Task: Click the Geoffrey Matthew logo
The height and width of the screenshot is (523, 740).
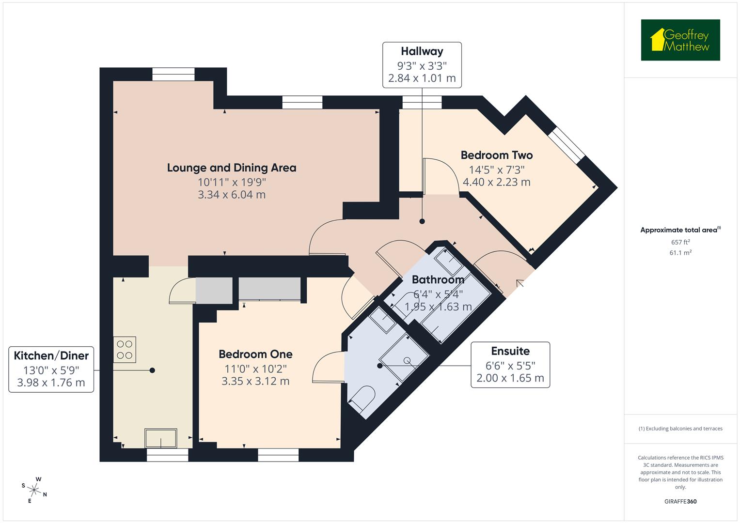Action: pyautogui.click(x=680, y=40)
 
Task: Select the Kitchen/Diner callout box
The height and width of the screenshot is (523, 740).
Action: pyautogui.click(x=51, y=369)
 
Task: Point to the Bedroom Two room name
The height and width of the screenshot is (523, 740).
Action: pyautogui.click(x=496, y=155)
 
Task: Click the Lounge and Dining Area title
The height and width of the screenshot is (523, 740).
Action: pyautogui.click(x=232, y=168)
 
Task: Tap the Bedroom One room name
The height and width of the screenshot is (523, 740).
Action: pyautogui.click(x=255, y=354)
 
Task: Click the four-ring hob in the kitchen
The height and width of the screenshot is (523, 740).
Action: pyautogui.click(x=125, y=350)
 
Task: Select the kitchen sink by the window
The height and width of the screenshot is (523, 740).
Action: pyautogui.click(x=161, y=439)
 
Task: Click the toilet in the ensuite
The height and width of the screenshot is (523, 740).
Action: pyautogui.click(x=362, y=400)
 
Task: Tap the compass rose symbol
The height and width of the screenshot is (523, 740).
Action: pyautogui.click(x=34, y=489)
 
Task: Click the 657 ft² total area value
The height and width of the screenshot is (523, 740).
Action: pyautogui.click(x=680, y=242)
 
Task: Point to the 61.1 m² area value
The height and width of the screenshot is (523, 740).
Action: pyautogui.click(x=680, y=252)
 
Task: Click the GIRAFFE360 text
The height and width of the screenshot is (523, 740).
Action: pyautogui.click(x=680, y=501)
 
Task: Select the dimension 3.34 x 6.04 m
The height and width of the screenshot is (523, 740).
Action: pyautogui.click(x=232, y=195)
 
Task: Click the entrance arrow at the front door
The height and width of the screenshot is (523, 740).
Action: pyautogui.click(x=520, y=283)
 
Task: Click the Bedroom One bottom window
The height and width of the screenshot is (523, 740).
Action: pyautogui.click(x=278, y=455)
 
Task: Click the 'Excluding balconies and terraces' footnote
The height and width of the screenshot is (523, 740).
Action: pyautogui.click(x=680, y=429)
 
